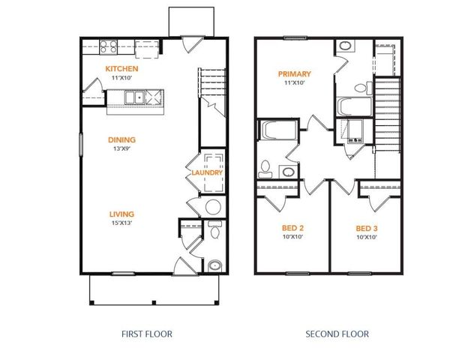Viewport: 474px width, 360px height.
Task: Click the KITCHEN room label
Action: (121, 69)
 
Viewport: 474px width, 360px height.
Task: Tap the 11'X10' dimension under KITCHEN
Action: (121, 78)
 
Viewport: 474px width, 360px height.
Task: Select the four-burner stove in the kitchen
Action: (108, 48)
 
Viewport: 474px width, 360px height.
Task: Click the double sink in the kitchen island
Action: (135, 97)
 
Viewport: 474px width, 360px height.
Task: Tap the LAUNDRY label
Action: (207, 173)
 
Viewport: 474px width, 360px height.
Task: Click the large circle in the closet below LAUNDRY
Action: (213, 207)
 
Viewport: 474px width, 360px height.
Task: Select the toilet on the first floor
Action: (214, 232)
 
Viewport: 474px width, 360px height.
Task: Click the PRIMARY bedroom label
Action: (294, 74)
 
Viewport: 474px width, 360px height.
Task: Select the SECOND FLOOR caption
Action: (337, 333)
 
